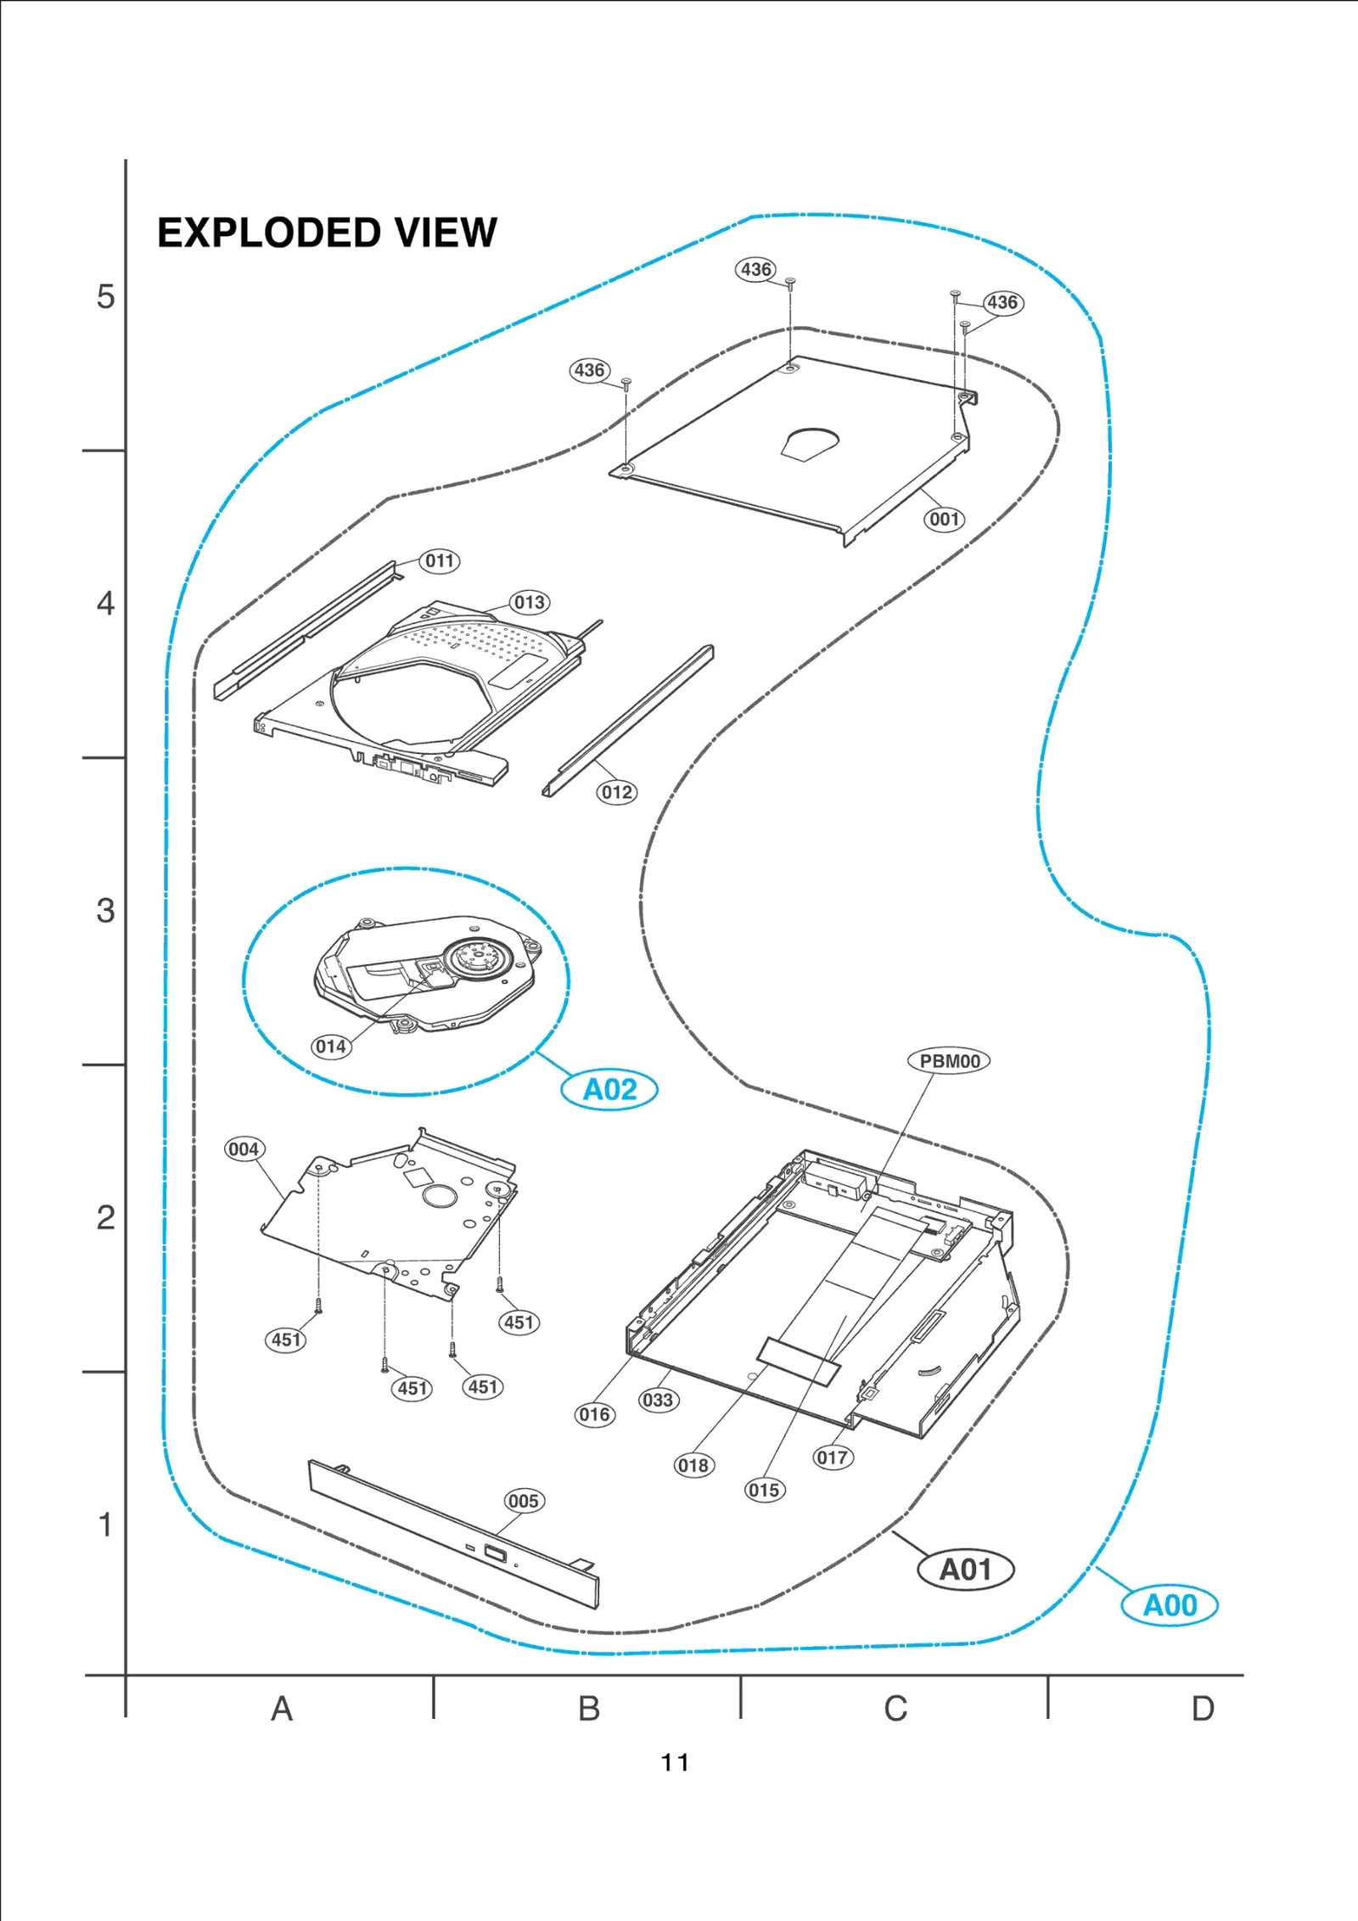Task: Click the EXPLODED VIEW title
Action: (x=327, y=233)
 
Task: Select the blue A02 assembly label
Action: (x=609, y=1089)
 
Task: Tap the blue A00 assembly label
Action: (x=1170, y=1605)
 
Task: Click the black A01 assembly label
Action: (x=966, y=1570)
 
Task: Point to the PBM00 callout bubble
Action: (x=949, y=1061)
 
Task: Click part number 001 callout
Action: (x=944, y=520)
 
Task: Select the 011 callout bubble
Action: (x=440, y=561)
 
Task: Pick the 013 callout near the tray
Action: (x=530, y=603)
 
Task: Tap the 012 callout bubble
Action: (x=616, y=792)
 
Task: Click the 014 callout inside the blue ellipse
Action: (x=331, y=1047)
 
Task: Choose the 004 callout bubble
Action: (x=244, y=1149)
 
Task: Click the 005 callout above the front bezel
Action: (x=523, y=1501)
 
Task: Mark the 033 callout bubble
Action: (x=658, y=1400)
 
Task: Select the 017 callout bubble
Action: (x=833, y=1458)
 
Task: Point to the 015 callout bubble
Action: (x=764, y=1490)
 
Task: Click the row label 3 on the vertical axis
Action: (x=105, y=911)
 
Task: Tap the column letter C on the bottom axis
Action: (x=895, y=1708)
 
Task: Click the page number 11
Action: (x=675, y=1763)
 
